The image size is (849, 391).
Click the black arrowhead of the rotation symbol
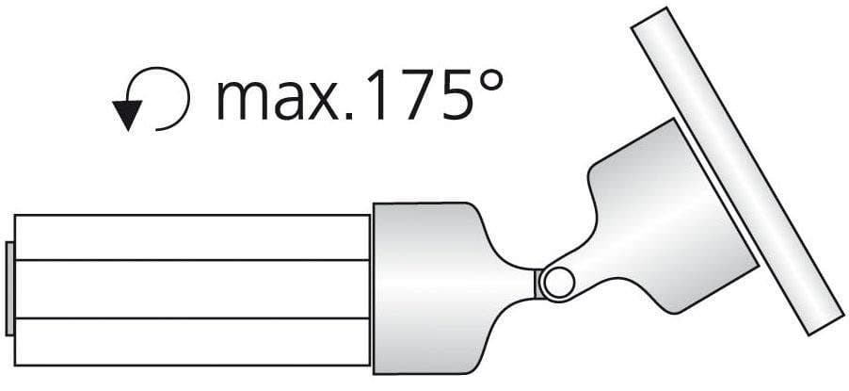tap(127, 113)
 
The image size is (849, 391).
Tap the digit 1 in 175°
tap(378, 95)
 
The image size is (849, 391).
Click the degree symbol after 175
tap(489, 81)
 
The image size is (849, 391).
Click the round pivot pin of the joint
tap(559, 284)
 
